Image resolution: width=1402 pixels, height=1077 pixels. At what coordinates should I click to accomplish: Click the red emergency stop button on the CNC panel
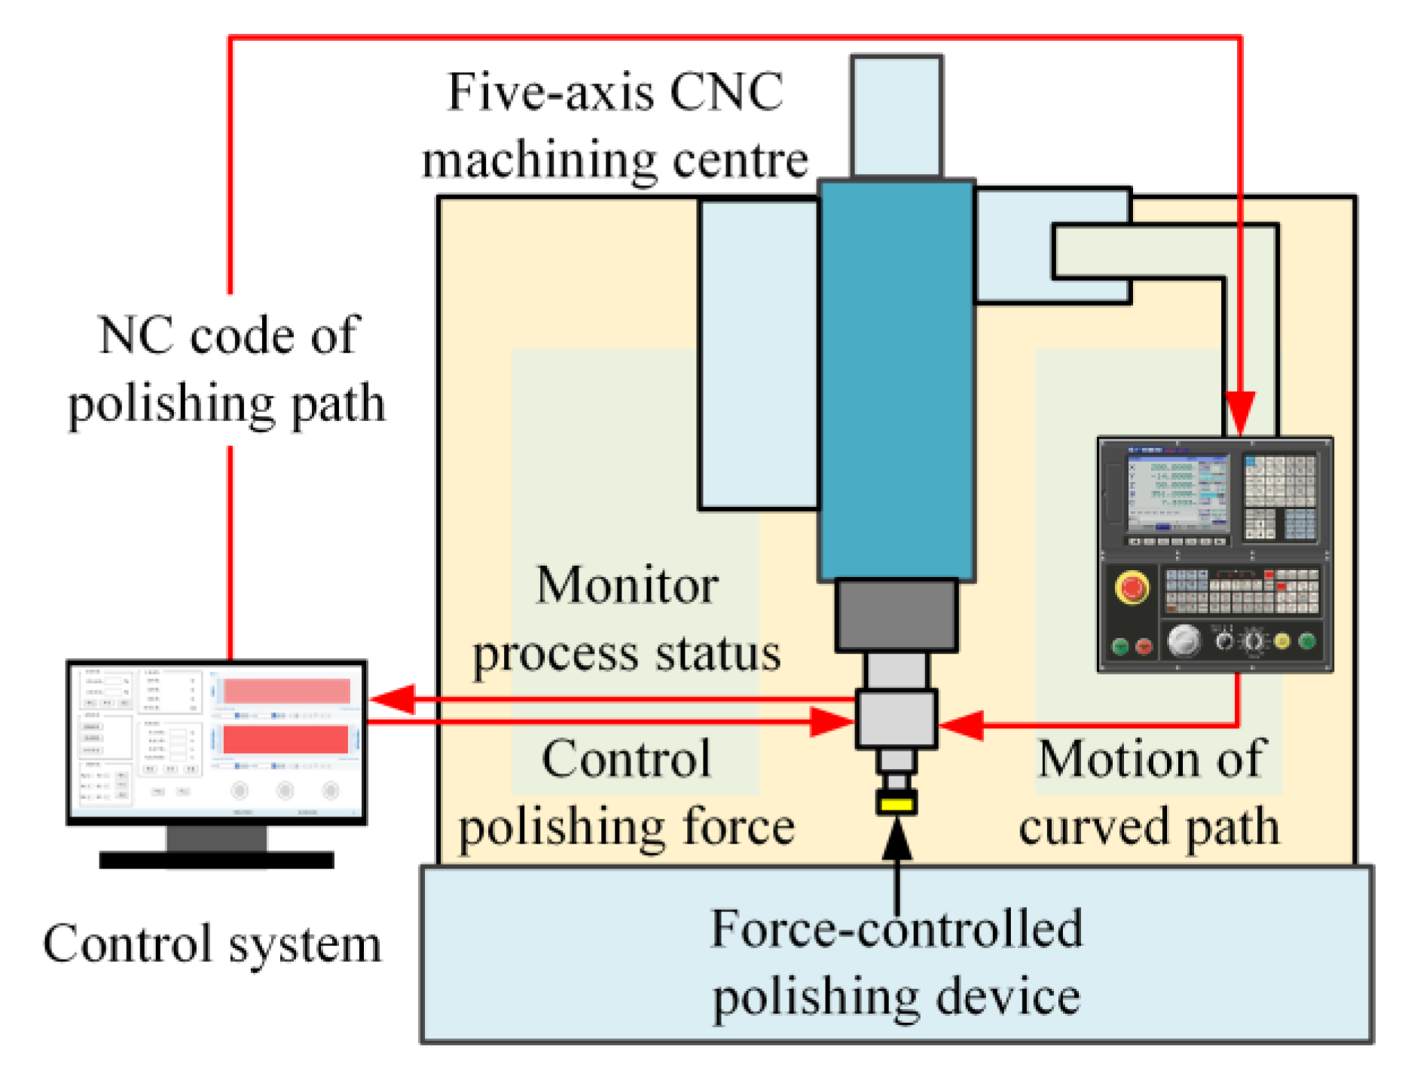(x=1131, y=588)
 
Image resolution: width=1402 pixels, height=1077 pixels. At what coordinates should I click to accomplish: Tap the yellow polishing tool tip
(x=896, y=804)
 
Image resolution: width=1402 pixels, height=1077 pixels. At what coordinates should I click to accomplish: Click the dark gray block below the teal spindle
(x=896, y=615)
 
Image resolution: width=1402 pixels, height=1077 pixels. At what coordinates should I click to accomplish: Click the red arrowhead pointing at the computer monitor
(x=392, y=699)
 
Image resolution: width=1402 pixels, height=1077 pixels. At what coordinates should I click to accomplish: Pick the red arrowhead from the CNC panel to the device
(x=960, y=725)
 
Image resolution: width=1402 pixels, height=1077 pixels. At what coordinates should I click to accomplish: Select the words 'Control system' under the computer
(x=212, y=944)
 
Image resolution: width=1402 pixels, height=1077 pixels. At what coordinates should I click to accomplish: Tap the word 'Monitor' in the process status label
(x=627, y=585)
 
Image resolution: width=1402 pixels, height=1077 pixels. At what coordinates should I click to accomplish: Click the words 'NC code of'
(x=228, y=335)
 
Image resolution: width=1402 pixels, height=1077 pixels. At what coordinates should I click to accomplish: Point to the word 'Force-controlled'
(x=896, y=929)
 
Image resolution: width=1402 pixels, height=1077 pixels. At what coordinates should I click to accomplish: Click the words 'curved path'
(x=1149, y=827)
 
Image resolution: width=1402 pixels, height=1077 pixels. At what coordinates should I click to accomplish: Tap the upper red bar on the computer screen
(x=286, y=691)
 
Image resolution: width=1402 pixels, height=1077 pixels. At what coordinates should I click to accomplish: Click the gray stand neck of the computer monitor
(x=216, y=838)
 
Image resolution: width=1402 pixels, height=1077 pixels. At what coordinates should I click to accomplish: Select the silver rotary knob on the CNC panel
(x=1184, y=641)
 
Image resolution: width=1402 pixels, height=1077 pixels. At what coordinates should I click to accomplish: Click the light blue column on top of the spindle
(x=896, y=117)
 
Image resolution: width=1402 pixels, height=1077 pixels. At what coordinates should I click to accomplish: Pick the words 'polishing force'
(x=627, y=827)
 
